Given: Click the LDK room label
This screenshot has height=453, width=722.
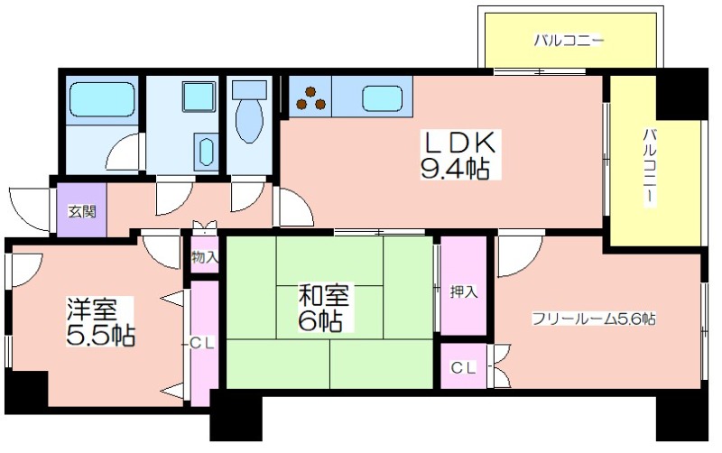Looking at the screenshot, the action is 459,143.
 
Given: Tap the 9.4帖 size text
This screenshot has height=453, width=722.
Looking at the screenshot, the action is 455,169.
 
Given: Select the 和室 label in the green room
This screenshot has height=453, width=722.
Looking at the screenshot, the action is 324,295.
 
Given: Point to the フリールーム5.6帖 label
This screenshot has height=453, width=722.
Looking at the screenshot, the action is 594,319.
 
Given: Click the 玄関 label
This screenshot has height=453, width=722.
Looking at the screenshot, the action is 82,211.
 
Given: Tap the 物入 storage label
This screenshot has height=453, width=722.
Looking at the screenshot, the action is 205,257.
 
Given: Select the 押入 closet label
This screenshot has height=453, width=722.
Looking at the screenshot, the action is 464,291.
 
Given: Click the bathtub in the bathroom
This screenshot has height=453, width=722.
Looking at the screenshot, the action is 101,100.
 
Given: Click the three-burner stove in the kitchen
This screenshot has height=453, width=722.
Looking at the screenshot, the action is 310,98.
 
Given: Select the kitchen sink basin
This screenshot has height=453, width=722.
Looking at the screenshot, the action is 382,99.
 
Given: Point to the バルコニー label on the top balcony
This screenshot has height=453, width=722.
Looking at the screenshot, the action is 569,41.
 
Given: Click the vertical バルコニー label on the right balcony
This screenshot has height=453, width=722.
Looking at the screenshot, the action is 650,168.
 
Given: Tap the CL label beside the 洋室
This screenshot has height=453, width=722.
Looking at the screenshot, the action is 201,343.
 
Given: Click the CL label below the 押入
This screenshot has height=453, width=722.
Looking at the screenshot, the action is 463,367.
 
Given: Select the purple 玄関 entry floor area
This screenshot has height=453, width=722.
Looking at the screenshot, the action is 81,210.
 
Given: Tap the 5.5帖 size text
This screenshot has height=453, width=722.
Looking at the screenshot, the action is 100,336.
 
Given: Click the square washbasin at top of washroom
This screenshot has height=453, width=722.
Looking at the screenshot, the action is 199,97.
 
